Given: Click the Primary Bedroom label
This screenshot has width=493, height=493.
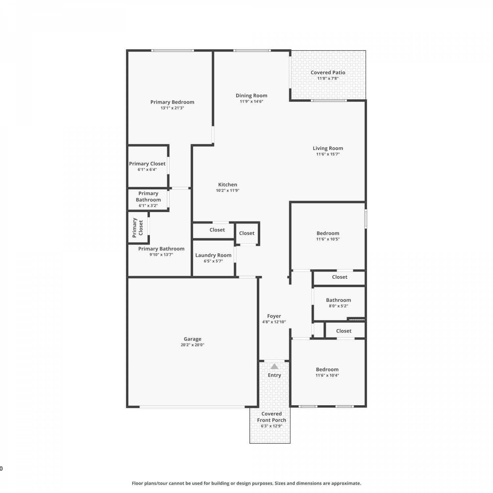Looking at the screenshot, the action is coord(172,102).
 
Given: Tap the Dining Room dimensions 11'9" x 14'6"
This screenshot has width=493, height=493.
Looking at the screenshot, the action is coord(251,102).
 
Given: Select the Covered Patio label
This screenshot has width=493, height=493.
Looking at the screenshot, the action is coord(328,73).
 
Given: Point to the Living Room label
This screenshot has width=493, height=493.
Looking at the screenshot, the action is coord(328,148).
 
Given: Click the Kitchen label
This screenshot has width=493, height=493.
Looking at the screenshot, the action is coord(228,185).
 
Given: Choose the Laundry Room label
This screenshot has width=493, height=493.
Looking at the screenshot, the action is coord(213,255).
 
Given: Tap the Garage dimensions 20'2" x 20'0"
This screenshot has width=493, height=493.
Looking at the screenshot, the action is coord(193,345).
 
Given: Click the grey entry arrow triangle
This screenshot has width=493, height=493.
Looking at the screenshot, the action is coord(274,366).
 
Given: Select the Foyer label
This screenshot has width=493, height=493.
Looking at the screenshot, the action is coord(274,316).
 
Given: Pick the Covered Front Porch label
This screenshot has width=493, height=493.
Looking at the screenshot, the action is coord(271,417).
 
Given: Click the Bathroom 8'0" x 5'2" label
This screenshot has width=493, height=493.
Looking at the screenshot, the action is coord(339,300).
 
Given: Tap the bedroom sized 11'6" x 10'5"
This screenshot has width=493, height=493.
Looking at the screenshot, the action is coord(328,233).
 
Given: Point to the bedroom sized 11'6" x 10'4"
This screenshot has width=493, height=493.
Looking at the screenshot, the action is coord(327,369).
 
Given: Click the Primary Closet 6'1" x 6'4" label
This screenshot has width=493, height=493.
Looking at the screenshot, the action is coord(147,164).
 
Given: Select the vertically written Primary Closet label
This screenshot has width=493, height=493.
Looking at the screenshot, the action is coord(138,227).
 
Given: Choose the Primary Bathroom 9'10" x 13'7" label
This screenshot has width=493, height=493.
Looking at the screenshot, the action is coord(161,249).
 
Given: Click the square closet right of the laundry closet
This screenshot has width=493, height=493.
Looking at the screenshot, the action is coord(247,233).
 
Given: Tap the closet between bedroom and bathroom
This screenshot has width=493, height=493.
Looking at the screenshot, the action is coord(340,277).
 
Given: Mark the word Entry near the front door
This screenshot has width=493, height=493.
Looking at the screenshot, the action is coord(274,375).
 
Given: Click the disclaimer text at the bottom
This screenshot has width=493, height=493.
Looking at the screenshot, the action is coord(246,483).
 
